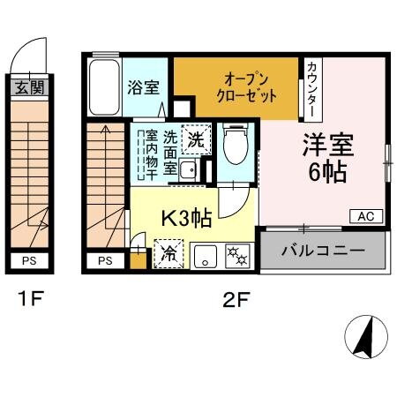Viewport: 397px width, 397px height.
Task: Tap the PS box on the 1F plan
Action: tap(30, 260)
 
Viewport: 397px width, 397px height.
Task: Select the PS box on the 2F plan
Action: tap(106, 260)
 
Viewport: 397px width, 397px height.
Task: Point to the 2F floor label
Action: tap(234, 300)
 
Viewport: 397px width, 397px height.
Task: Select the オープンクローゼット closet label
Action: tap(236, 86)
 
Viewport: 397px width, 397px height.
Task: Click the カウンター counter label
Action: tap(313, 89)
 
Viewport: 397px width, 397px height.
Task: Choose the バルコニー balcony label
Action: tap(323, 251)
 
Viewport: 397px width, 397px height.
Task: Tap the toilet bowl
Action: tap(235, 146)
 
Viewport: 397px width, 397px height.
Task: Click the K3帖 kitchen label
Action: tap(185, 217)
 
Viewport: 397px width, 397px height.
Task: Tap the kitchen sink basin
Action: tap(205, 256)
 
